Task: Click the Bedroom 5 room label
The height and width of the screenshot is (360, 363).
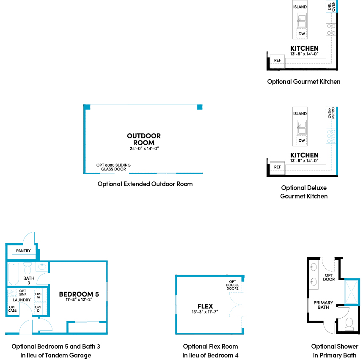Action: (79, 294)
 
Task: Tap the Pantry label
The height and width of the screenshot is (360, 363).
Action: (23, 251)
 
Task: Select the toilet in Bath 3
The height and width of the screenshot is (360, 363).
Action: (27, 268)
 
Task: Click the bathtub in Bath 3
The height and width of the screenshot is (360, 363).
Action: (14, 274)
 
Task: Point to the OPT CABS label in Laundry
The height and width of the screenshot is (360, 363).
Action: (13, 309)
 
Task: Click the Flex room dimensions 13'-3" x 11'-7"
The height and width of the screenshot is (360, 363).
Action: (205, 312)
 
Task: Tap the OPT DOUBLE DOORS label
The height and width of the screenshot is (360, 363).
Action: (232, 285)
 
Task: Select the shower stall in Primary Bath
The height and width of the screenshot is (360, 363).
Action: (352, 292)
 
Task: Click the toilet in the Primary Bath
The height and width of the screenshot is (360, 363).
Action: (349, 324)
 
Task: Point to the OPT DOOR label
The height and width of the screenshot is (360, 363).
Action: (329, 278)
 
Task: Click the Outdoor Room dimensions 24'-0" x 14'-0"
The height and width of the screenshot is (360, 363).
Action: (144, 148)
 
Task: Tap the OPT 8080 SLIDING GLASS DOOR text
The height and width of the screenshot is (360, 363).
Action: (113, 167)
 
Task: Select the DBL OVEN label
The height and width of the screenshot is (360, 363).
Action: (331, 6)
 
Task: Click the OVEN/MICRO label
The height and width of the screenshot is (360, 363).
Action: (331, 113)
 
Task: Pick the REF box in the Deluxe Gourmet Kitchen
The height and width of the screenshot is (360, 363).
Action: (278, 168)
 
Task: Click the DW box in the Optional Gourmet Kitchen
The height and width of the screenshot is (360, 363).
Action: (302, 34)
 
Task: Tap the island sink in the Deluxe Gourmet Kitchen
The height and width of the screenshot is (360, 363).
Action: (302, 128)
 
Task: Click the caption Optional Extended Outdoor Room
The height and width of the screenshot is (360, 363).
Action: (145, 184)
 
